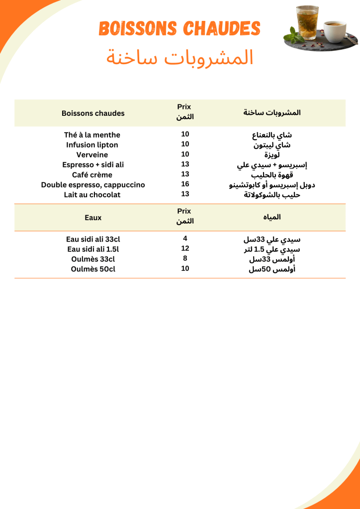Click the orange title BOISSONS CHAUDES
point(180,28)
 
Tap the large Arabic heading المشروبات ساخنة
point(180,58)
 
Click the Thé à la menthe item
point(92,135)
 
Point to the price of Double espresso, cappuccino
point(185,184)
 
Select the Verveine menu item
point(92,155)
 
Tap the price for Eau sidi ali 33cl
point(185,238)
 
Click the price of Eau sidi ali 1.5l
point(185,248)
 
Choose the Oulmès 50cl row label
point(93,269)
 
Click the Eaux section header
point(93,218)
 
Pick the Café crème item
point(92,174)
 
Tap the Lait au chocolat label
point(92,194)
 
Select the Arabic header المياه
point(272,217)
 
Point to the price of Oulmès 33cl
point(185,258)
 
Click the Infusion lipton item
point(92,145)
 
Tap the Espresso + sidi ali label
point(93,165)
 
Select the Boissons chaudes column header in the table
point(93,113)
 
